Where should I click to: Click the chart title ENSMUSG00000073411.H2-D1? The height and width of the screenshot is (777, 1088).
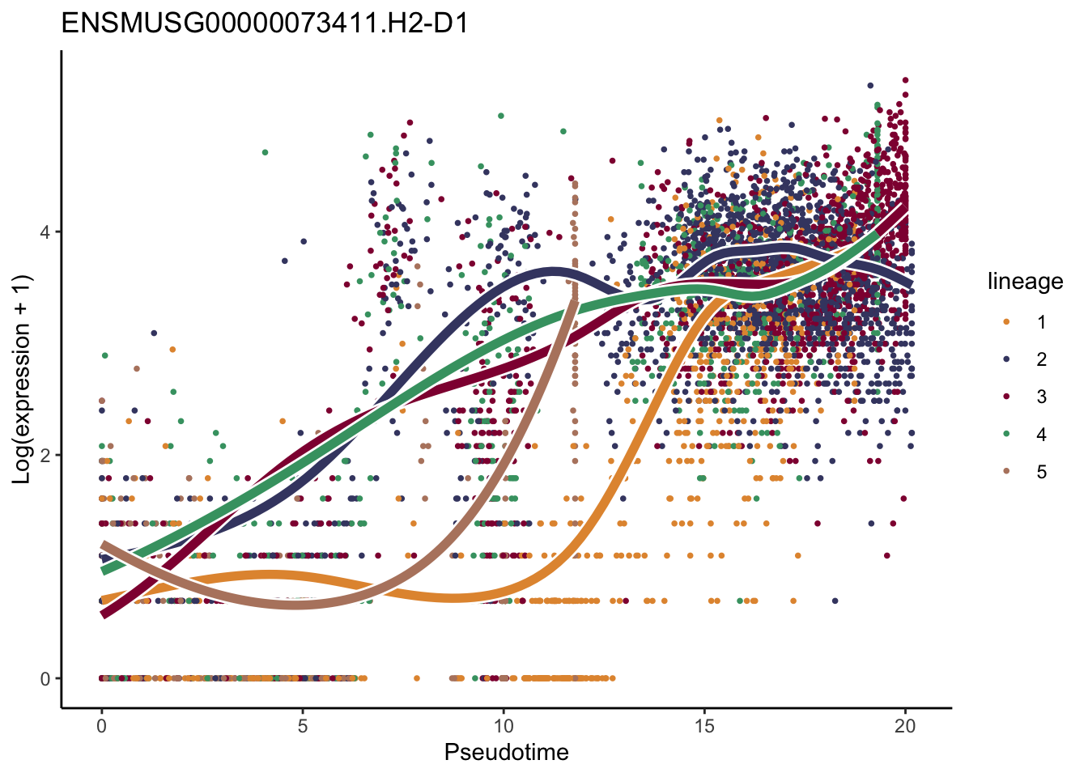(x=265, y=23)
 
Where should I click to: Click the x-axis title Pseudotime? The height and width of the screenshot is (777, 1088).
(x=506, y=752)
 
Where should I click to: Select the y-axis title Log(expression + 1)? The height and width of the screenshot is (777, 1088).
(x=22, y=380)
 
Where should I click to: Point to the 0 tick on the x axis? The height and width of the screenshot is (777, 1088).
(x=101, y=726)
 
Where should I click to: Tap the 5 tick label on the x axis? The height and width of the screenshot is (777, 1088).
(x=302, y=726)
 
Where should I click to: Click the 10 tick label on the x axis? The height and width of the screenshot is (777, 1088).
(x=503, y=726)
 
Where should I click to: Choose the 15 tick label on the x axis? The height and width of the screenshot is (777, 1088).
(x=704, y=726)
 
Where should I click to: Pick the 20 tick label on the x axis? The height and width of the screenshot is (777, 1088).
(x=905, y=726)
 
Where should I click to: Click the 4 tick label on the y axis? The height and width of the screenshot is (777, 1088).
(x=45, y=232)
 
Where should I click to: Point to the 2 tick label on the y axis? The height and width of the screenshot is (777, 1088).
(x=45, y=456)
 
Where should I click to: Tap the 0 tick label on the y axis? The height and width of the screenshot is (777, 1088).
(x=45, y=679)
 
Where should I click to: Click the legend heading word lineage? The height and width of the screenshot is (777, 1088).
(x=1025, y=281)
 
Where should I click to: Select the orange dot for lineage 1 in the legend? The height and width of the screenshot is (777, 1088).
(x=1006, y=322)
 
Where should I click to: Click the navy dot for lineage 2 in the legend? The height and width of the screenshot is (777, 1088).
(x=1006, y=359)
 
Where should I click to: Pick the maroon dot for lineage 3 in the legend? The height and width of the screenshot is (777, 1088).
(x=1006, y=397)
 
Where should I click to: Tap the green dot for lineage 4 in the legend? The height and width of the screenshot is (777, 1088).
(x=1006, y=435)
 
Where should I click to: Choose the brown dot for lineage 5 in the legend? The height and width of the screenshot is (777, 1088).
(x=1006, y=472)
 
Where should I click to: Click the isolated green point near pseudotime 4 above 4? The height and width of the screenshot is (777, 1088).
(x=265, y=152)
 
